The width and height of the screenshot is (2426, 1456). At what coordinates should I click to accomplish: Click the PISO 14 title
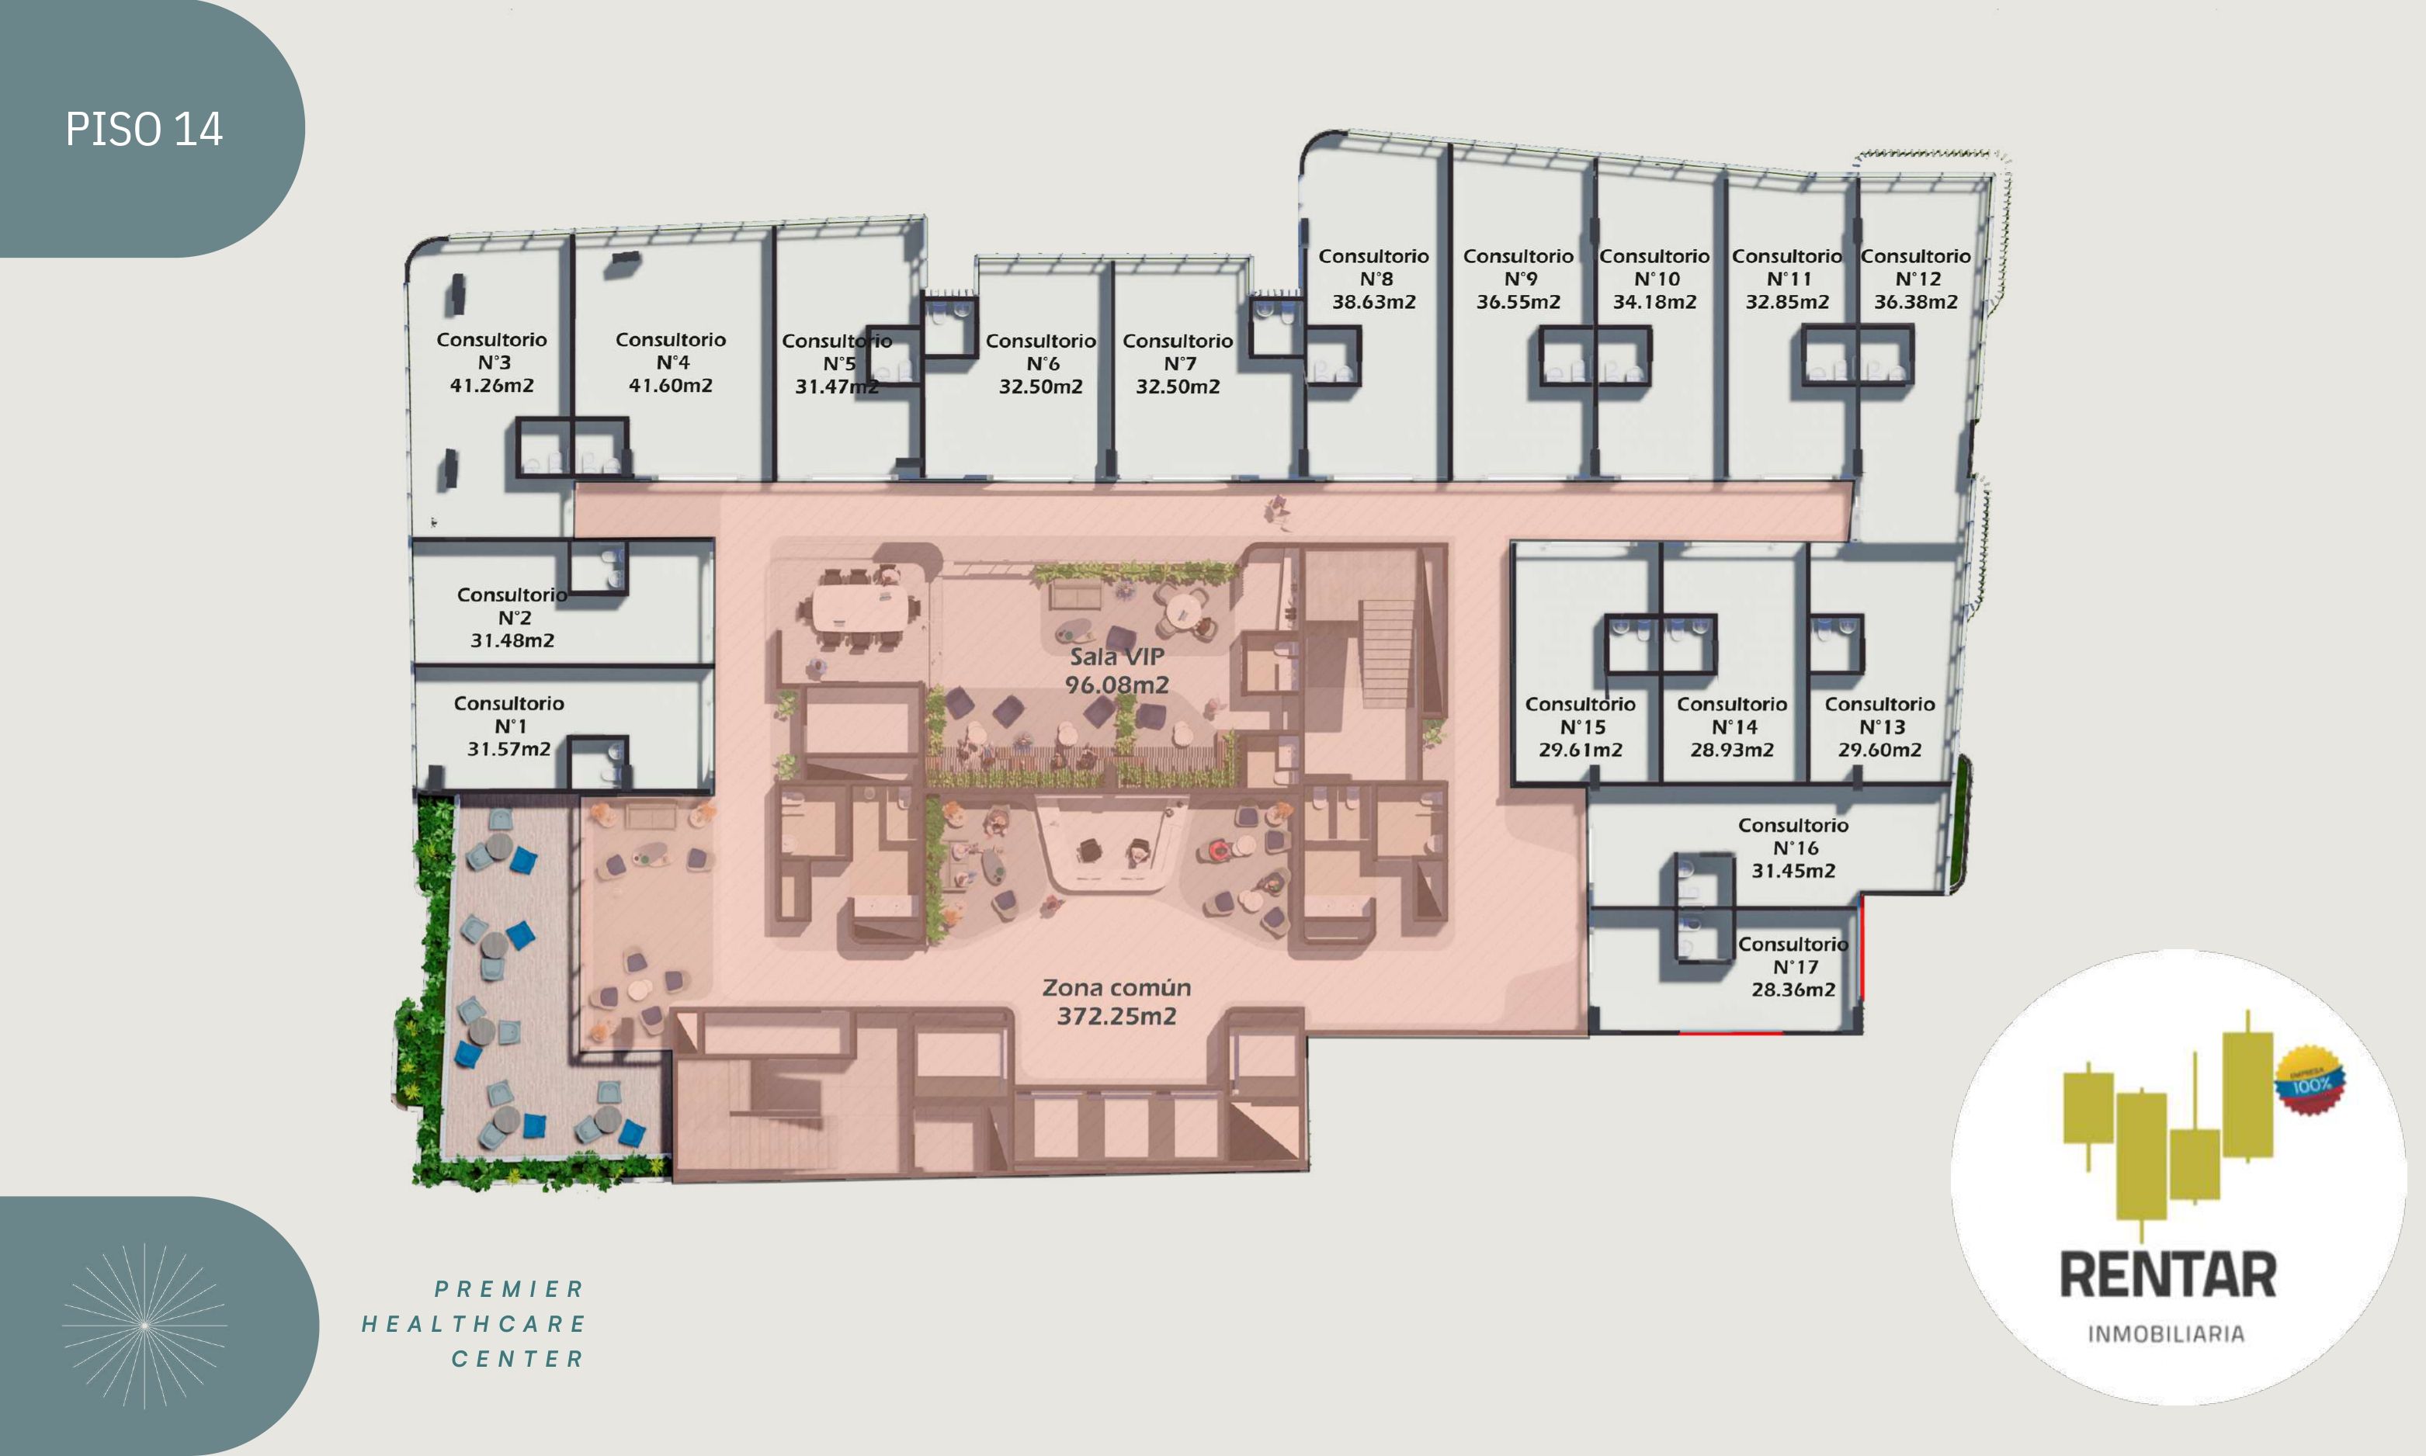[144, 130]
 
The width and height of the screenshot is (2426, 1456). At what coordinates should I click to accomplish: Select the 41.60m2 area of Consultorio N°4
[670, 386]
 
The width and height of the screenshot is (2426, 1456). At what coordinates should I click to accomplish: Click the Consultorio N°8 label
[1373, 267]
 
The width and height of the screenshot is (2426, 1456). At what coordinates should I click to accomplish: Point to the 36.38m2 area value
[1916, 302]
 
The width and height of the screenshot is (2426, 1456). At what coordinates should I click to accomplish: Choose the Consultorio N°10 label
[1654, 267]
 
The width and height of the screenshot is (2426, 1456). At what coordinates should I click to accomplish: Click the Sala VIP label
[1117, 657]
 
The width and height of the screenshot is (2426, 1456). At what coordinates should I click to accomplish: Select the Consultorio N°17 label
[1793, 955]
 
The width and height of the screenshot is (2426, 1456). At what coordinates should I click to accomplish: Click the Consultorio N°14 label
[1732, 716]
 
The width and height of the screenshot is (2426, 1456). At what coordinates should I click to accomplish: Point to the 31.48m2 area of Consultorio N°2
[512, 640]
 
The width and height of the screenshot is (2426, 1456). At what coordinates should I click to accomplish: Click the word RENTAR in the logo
[2167, 1274]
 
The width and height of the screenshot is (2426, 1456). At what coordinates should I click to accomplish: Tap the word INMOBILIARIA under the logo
[2166, 1333]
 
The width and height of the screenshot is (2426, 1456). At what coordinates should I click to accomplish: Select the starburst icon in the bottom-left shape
[144, 1326]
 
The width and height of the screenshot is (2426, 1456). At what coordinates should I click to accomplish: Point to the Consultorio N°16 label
[1793, 836]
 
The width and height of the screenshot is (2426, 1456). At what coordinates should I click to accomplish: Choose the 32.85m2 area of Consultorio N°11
[1787, 302]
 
